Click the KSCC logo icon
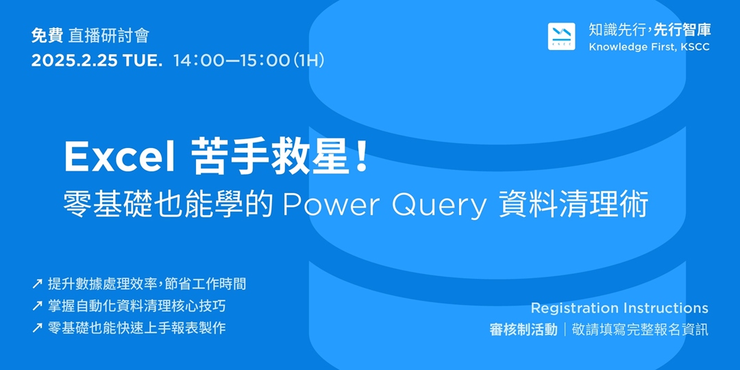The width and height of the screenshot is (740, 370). (561, 37)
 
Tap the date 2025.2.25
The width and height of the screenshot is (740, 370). (75, 60)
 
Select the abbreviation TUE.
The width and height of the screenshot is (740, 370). (143, 60)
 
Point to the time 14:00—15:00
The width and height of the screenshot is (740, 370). (232, 60)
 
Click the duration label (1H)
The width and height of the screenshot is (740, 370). (308, 60)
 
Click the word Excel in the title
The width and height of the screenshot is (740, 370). (119, 158)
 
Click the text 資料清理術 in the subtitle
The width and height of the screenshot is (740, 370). (572, 204)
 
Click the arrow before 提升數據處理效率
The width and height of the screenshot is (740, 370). (37, 284)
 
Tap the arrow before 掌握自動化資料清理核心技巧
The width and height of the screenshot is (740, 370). (37, 306)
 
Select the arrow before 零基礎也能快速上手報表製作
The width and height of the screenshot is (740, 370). (37, 328)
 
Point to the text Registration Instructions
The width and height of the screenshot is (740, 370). (619, 308)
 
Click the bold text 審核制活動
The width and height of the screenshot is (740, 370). (523, 330)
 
